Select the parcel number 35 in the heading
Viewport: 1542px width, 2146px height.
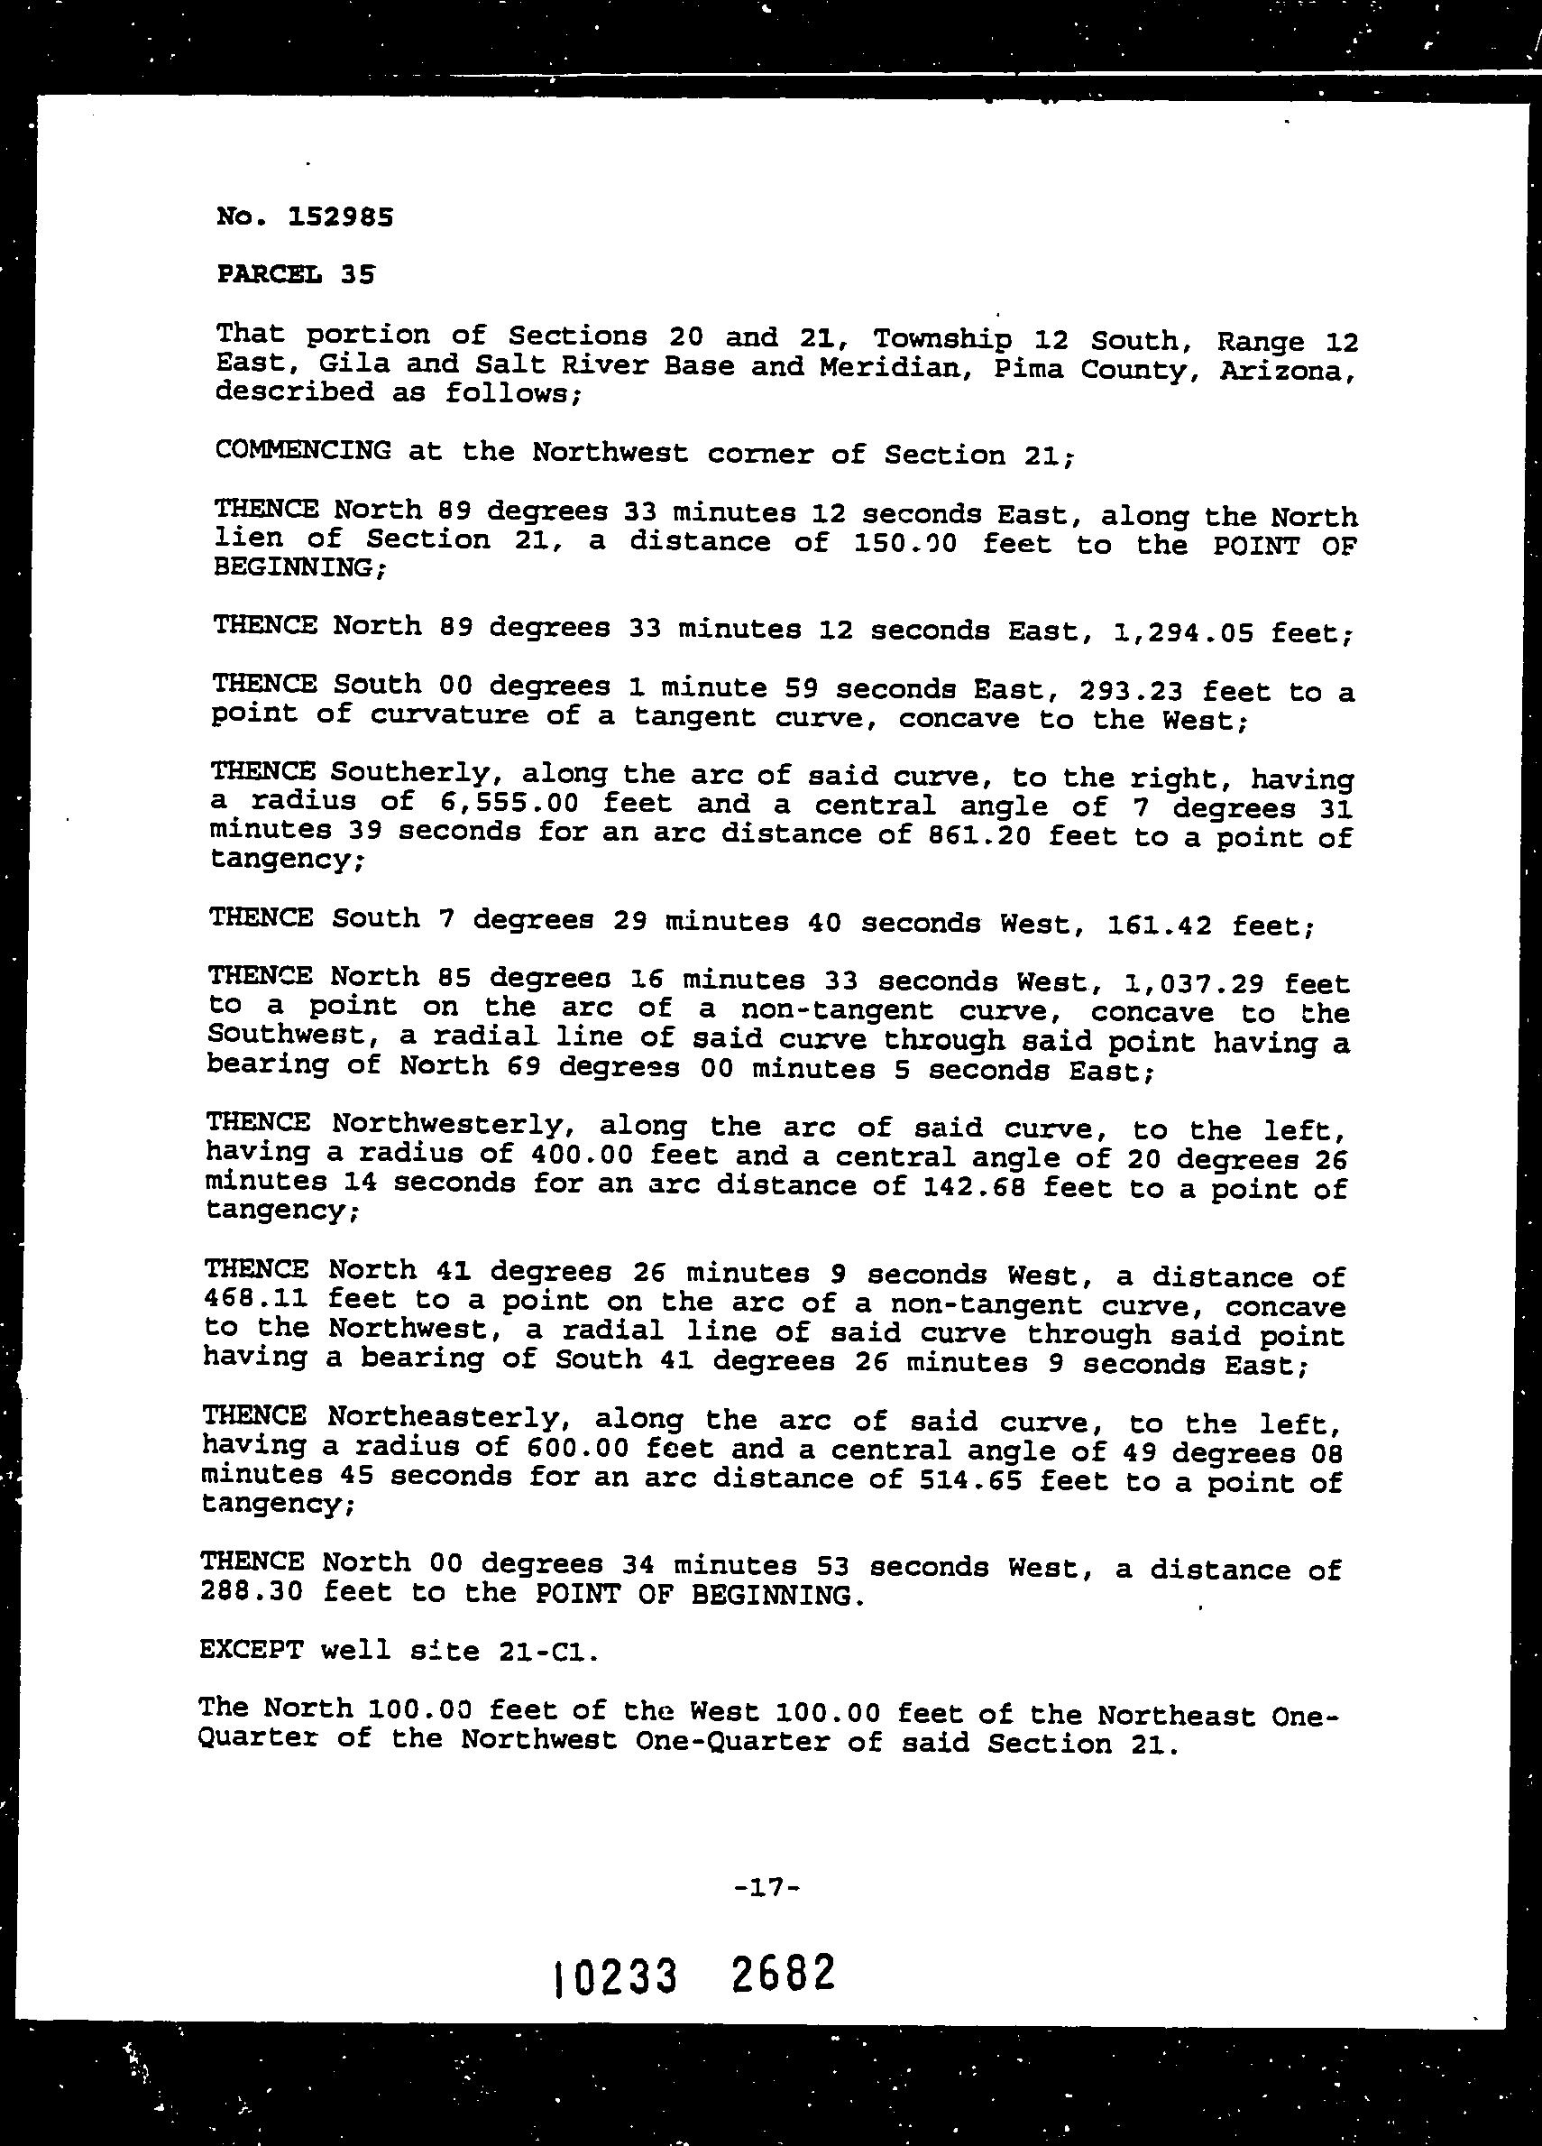pos(360,274)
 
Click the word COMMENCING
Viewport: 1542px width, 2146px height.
pos(303,450)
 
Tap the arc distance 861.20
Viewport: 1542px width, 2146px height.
pos(980,835)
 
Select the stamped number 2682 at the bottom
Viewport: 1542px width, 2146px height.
pos(784,1973)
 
